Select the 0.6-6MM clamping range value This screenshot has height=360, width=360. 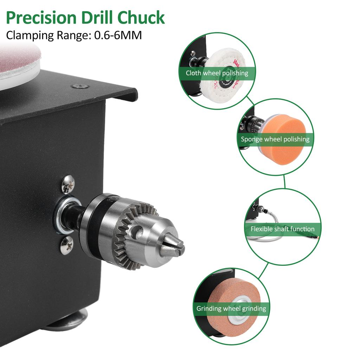coord(118,35)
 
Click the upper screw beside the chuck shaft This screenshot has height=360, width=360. coord(68,184)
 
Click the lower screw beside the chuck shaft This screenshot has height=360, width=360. coord(67,245)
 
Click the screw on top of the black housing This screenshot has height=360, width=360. coord(78,86)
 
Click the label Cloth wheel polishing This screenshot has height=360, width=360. coord(217,73)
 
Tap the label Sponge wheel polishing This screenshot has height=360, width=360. coord(275,139)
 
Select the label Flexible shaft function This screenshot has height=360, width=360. coord(282,229)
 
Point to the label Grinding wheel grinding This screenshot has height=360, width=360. coord(231,309)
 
